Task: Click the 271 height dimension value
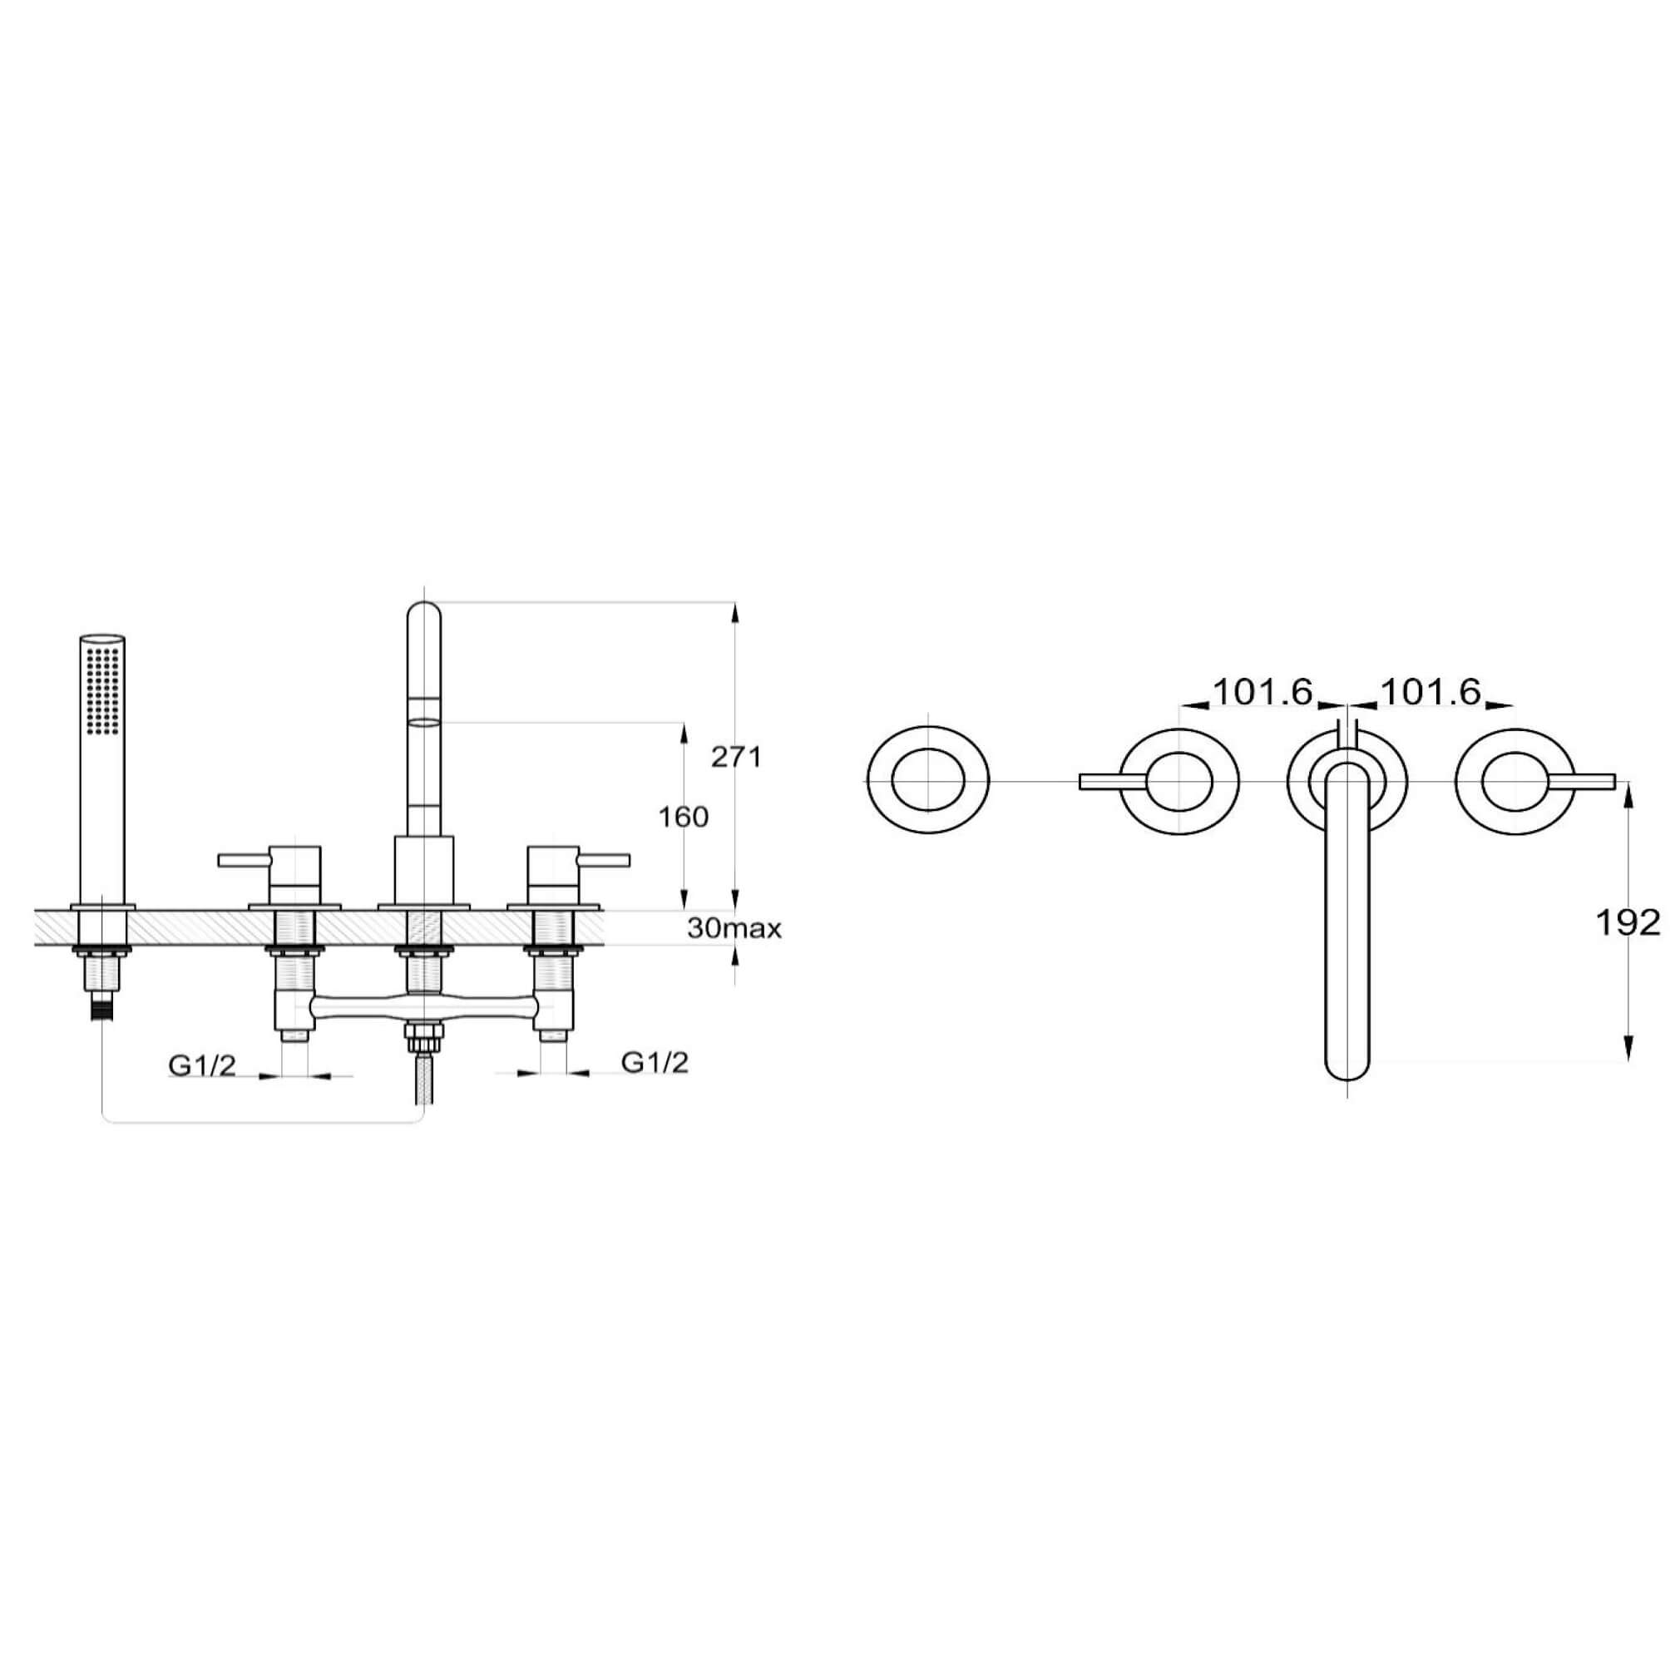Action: click(736, 758)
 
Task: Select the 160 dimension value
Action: click(684, 817)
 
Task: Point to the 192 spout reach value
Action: click(1627, 922)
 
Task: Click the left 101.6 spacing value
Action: click(1262, 692)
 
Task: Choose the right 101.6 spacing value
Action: click(1430, 692)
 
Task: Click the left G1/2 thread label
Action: click(202, 1065)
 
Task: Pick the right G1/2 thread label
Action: click(655, 1062)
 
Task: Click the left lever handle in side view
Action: click(244, 860)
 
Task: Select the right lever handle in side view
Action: click(604, 860)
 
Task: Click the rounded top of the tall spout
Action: click(424, 614)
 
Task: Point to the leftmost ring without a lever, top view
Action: click(928, 780)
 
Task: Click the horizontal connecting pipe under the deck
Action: click(424, 1008)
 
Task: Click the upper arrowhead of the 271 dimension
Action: click(736, 609)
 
